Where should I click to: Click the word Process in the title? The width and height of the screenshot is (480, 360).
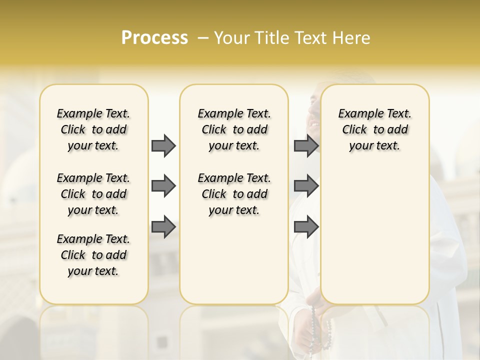154,38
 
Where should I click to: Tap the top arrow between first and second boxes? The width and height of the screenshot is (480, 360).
163,145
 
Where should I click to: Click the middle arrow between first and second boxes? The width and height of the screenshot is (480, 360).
163,186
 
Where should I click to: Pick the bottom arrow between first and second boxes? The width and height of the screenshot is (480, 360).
163,226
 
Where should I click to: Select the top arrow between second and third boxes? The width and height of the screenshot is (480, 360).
306,145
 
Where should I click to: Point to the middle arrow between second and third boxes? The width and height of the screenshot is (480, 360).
306,186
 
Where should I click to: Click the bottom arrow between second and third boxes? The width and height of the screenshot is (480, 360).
306,226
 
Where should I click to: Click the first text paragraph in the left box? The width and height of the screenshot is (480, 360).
93,129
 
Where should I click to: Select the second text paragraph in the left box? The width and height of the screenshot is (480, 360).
93,194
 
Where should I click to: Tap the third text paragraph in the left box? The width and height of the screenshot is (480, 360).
93,255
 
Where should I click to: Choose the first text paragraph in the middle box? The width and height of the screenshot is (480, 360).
234,129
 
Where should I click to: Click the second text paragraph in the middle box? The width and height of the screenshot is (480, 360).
234,194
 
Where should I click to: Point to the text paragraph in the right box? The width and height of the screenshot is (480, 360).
374,129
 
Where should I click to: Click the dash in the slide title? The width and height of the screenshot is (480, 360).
203,38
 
